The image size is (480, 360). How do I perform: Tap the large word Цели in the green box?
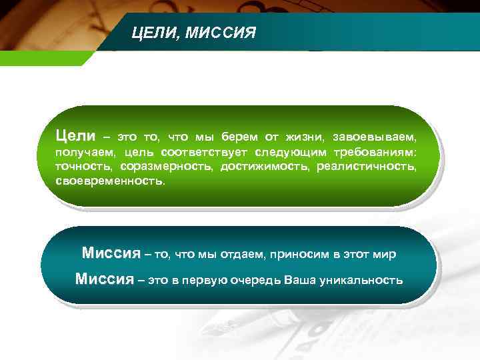pyautogui.click(x=75, y=136)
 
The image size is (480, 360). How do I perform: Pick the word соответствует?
pyautogui.click(x=204, y=153)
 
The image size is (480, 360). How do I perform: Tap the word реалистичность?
pyautogui.click(x=367, y=167)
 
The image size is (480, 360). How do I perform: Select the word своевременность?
pyautogui.click(x=109, y=181)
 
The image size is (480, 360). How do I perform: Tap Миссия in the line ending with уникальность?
pyautogui.click(x=105, y=279)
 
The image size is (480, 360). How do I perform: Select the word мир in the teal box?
pyautogui.click(x=385, y=254)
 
